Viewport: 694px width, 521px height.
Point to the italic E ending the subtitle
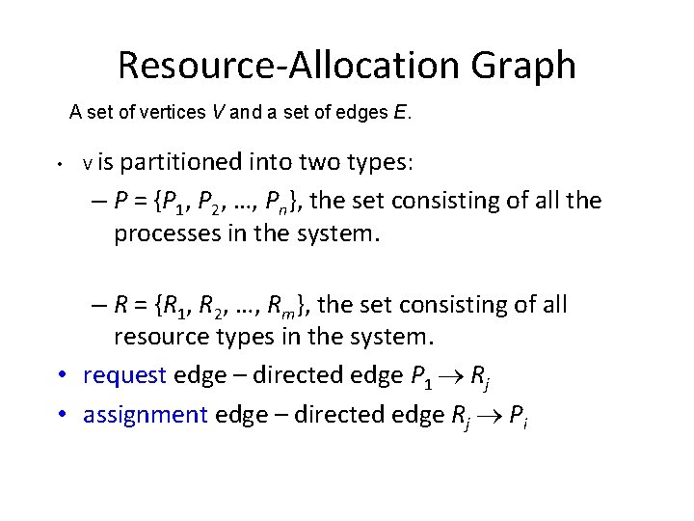[400, 113]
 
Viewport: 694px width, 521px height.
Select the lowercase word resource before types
[168, 338]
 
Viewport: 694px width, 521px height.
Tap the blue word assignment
[146, 415]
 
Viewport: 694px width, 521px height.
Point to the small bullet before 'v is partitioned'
[60, 164]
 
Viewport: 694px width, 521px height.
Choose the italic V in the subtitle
[219, 113]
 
